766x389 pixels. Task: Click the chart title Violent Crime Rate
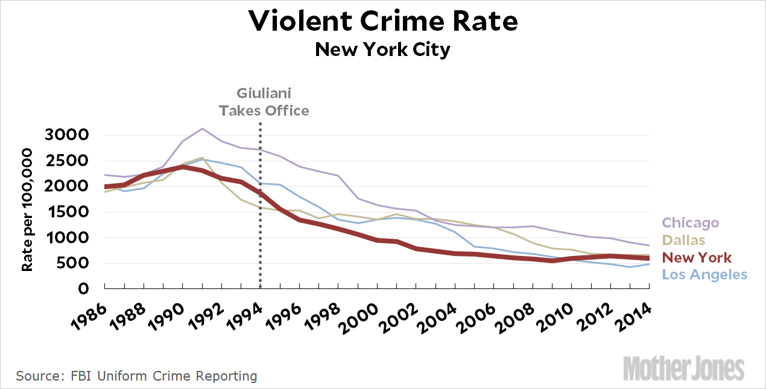382,22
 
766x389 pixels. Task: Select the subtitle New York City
382,49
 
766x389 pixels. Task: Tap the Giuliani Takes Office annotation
264,102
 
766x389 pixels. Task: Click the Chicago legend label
690,223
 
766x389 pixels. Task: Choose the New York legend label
697,258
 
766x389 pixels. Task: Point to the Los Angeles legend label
704,275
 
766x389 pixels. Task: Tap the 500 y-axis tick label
75,263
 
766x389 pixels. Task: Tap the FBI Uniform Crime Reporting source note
136,376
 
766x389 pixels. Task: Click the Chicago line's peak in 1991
202,128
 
